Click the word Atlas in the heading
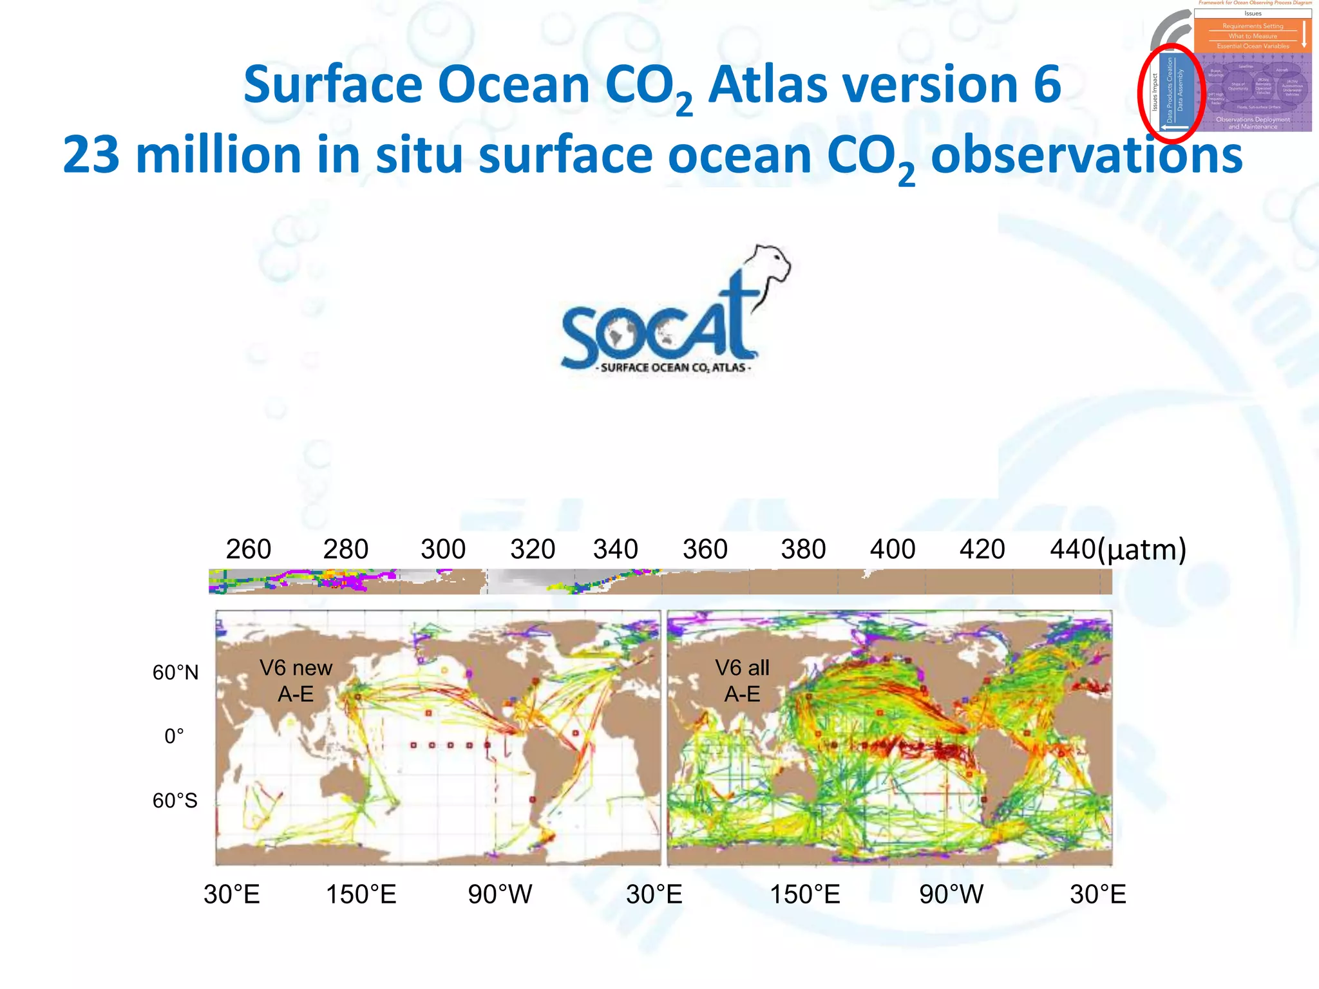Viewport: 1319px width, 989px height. click(x=767, y=85)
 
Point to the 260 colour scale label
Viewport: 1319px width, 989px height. click(x=248, y=549)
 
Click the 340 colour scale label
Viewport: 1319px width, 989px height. click(x=615, y=549)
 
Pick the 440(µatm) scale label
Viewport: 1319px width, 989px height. click(x=1117, y=549)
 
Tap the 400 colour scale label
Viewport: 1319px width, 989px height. click(x=892, y=549)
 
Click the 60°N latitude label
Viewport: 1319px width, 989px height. click(x=175, y=673)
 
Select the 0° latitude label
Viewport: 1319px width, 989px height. click(x=174, y=736)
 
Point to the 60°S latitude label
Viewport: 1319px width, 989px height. click(x=175, y=800)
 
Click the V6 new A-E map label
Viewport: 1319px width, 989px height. click(x=296, y=681)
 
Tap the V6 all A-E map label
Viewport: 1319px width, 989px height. click(x=742, y=681)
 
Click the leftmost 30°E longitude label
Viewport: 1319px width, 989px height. click(x=232, y=894)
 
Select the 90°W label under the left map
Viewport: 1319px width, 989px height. click(x=500, y=894)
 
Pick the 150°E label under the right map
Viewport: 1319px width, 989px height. click(x=805, y=894)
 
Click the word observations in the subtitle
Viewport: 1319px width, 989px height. click(x=1087, y=155)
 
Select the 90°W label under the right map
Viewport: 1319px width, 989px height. click(x=951, y=894)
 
